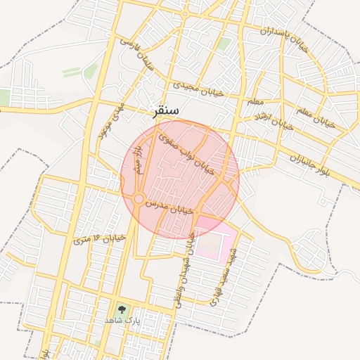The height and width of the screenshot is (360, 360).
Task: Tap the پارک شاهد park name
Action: click(123, 320)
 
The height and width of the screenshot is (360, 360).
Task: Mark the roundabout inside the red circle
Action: click(139, 199)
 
